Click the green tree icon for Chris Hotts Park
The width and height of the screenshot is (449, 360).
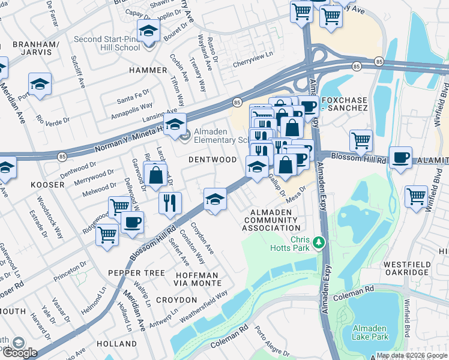click(x=320, y=243)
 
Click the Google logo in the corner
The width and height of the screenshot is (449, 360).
click(x=19, y=352)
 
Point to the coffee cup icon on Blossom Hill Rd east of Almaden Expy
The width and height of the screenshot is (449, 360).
click(x=400, y=157)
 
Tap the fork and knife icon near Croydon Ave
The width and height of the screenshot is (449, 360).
click(x=170, y=202)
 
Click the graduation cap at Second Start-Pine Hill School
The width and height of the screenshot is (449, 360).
click(x=148, y=30)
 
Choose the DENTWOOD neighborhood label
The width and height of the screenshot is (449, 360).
click(x=212, y=160)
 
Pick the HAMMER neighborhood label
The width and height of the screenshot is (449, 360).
click(x=148, y=70)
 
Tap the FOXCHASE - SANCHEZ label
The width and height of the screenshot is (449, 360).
click(x=344, y=103)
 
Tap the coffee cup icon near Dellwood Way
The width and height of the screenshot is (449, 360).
click(x=132, y=221)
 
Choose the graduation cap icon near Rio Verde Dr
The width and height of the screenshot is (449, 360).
click(x=40, y=83)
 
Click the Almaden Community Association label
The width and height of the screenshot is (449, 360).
click(x=271, y=220)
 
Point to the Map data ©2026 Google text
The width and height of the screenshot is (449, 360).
click(x=412, y=355)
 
